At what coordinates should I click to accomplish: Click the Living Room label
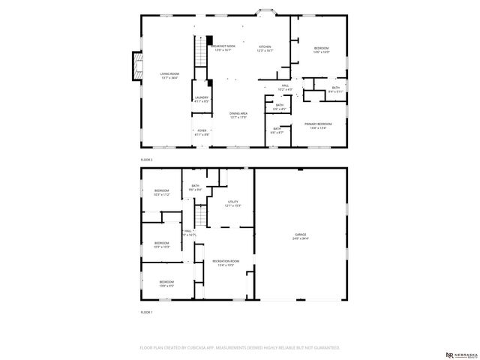click(x=169, y=74)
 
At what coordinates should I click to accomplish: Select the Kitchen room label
click(x=265, y=48)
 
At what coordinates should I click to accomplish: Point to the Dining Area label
click(x=238, y=115)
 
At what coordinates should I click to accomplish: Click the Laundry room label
click(x=201, y=98)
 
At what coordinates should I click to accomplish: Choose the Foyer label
click(x=201, y=132)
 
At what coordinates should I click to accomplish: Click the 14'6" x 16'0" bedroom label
click(x=321, y=49)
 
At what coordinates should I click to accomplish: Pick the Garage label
click(x=300, y=236)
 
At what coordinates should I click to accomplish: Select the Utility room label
click(x=232, y=204)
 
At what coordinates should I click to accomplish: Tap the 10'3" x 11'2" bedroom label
click(x=162, y=192)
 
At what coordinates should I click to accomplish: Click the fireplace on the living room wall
click(x=136, y=67)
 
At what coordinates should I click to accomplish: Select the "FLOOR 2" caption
click(x=146, y=160)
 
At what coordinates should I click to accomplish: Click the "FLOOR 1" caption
click(x=146, y=312)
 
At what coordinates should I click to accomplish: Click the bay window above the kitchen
click(x=266, y=11)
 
